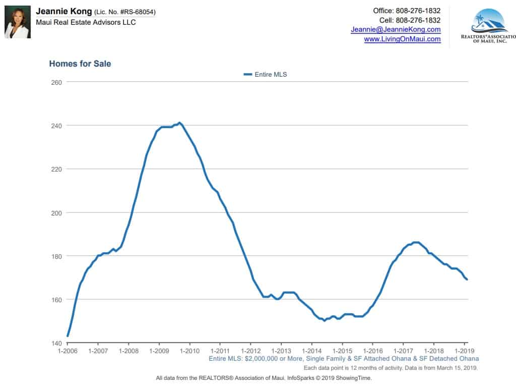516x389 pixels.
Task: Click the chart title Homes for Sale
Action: pyautogui.click(x=80, y=64)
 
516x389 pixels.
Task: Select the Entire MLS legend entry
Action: pyautogui.click(x=265, y=75)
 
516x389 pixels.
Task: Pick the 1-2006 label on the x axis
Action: pyautogui.click(x=67, y=351)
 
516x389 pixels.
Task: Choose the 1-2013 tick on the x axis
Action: pyautogui.click(x=281, y=351)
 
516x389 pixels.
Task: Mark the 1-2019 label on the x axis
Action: pyautogui.click(x=464, y=351)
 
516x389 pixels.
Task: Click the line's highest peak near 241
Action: pyautogui.click(x=180, y=123)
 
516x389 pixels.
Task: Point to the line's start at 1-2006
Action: pyautogui.click(x=68, y=336)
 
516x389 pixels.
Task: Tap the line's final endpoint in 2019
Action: pyautogui.click(x=467, y=280)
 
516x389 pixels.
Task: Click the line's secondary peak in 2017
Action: pyautogui.click(x=416, y=243)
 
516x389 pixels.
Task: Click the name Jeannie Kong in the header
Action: pyautogui.click(x=63, y=11)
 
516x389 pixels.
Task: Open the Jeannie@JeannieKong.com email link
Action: pyautogui.click(x=396, y=30)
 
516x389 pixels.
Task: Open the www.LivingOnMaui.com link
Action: pyautogui.click(x=402, y=39)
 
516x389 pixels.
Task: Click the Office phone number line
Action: pyautogui.click(x=407, y=11)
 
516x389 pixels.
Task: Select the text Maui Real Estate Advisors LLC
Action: pyautogui.click(x=86, y=22)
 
